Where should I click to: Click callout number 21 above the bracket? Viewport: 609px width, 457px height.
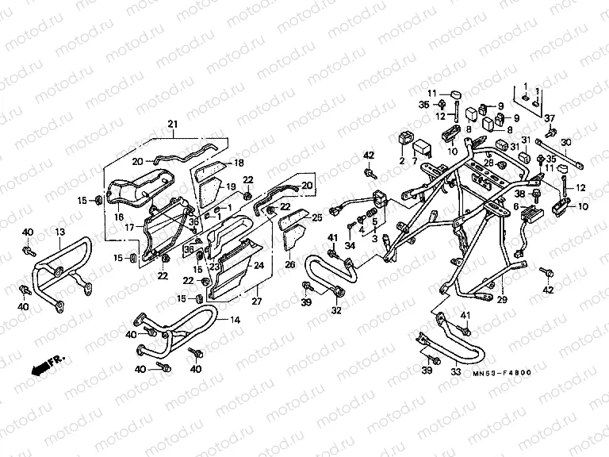pyautogui.click(x=172, y=123)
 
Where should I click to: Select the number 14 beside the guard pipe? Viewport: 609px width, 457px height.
pyautogui.click(x=233, y=321)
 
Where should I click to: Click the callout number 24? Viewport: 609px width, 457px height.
pyautogui.click(x=258, y=267)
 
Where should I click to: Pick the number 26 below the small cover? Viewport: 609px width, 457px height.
pyautogui.click(x=289, y=264)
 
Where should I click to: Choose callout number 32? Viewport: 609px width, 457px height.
pyautogui.click(x=335, y=310)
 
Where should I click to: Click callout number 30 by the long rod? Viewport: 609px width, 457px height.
pyautogui.click(x=565, y=143)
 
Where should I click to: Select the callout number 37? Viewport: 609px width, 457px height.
pyautogui.click(x=549, y=118)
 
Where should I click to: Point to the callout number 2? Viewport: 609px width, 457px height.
pyautogui.click(x=401, y=161)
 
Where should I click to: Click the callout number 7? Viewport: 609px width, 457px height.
pyautogui.click(x=414, y=161)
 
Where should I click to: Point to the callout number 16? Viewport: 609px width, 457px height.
pyautogui.click(x=120, y=215)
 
